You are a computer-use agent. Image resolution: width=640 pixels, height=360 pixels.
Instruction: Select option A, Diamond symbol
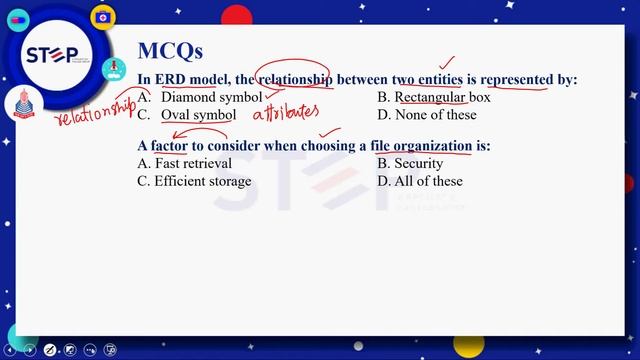[211, 98]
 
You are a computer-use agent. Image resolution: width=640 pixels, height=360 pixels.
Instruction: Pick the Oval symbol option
[198, 115]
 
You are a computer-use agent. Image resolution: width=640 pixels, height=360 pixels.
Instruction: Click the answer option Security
[418, 163]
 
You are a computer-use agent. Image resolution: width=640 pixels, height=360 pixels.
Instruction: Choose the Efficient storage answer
[203, 181]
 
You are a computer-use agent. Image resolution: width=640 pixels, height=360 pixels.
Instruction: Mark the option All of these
[428, 181]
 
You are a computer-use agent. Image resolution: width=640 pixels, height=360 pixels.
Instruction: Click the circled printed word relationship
[295, 79]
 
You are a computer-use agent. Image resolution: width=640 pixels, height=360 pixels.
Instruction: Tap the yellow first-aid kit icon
[101, 17]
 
